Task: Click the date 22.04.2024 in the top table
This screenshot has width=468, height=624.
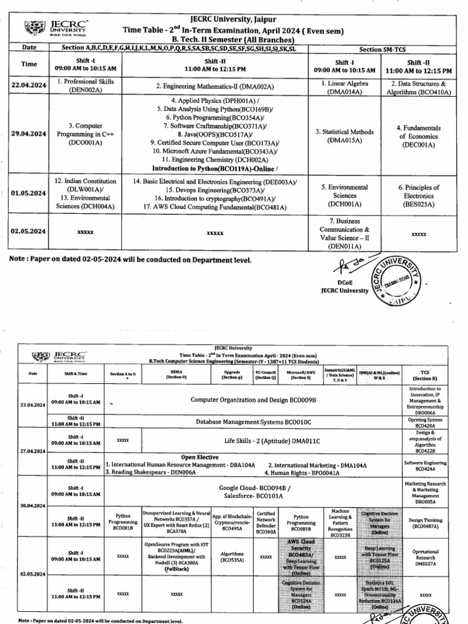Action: [x=29, y=86]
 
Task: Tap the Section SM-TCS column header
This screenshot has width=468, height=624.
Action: [x=383, y=48]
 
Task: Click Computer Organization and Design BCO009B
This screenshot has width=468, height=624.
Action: [x=254, y=399]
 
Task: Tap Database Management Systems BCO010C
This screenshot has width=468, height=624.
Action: [x=253, y=421]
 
